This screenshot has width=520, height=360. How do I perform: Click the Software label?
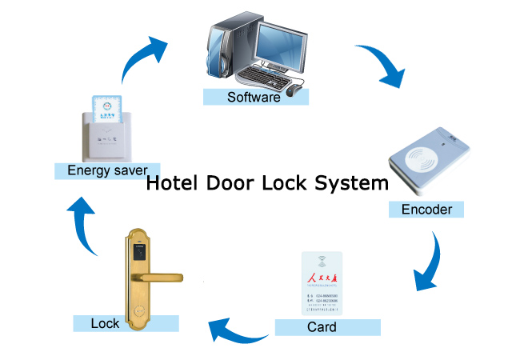point(254,98)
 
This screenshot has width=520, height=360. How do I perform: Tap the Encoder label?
point(426,210)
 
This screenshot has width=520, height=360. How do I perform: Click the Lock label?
point(105,323)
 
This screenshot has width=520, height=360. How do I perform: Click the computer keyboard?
point(265,77)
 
